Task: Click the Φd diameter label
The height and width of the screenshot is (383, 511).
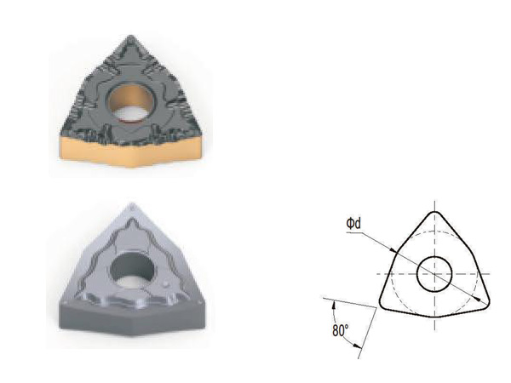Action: pyautogui.click(x=353, y=224)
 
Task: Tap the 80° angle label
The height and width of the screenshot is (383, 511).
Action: pyautogui.click(x=341, y=330)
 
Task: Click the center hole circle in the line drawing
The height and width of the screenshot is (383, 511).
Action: pyautogui.click(x=434, y=274)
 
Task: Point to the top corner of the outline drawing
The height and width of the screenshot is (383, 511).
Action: pyautogui.click(x=434, y=212)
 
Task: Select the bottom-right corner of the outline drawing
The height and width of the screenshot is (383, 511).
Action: pyautogui.click(x=488, y=304)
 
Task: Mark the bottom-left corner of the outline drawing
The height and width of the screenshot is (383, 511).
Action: pyautogui.click(x=381, y=304)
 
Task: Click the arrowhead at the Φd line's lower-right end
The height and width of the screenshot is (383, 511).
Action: pyautogui.click(x=478, y=298)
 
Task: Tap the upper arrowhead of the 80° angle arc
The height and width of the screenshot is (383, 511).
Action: pyautogui.click(x=333, y=305)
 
